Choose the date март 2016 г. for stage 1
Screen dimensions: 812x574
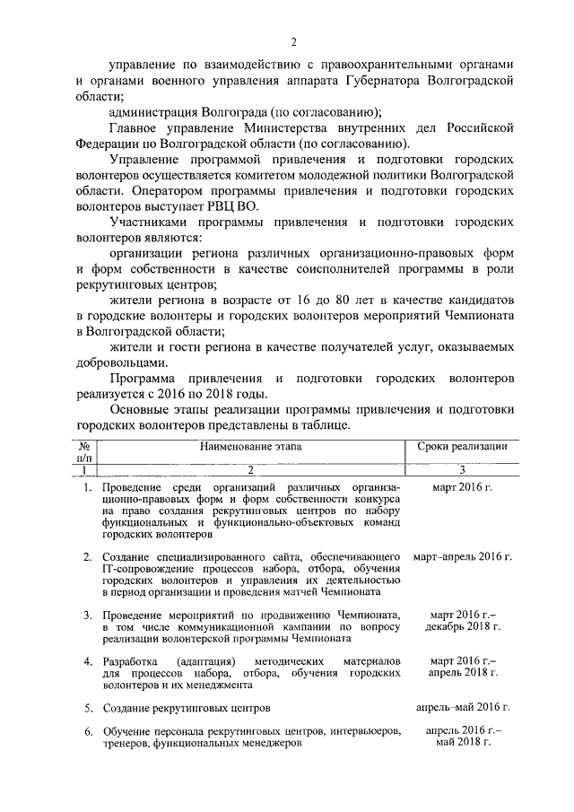(462, 487)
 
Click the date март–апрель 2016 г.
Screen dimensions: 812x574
(462, 557)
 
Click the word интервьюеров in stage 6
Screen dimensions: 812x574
(362, 731)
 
